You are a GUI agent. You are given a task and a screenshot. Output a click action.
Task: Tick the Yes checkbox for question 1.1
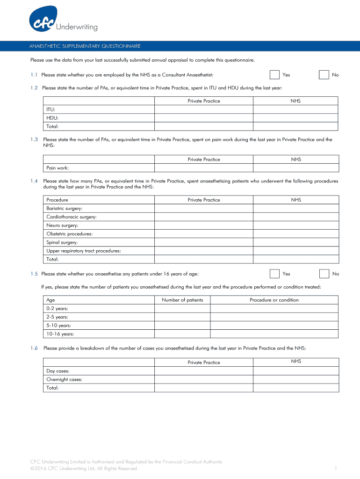[275, 75]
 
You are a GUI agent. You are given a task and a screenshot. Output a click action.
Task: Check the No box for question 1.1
[324, 75]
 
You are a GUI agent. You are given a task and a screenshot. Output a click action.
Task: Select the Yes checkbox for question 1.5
[275, 274]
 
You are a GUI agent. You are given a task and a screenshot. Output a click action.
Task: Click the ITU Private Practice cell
[204, 109]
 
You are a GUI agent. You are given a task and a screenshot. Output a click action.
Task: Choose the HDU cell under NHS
[295, 118]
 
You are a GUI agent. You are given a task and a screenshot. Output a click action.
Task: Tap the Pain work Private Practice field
[204, 168]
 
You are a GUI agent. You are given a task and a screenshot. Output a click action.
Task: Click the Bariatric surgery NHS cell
[295, 209]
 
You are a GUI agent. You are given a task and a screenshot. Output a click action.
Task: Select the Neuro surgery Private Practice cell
[204, 225]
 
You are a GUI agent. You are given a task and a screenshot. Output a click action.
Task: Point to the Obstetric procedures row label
[69, 234]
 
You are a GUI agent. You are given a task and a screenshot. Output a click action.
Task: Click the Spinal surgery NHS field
[295, 242]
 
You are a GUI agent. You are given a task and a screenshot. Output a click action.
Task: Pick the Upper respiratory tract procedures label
[84, 251]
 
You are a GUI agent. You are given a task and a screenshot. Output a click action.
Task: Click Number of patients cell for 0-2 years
[182, 309]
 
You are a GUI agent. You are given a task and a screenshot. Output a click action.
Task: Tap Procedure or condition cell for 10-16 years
[274, 334]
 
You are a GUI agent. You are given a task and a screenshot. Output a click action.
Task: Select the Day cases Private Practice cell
[204, 371]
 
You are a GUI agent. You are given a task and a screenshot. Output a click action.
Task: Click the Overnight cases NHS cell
[295, 379]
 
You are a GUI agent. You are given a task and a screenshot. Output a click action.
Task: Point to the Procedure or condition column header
[274, 300]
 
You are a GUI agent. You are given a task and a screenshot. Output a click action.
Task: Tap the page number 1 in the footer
[336, 468]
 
